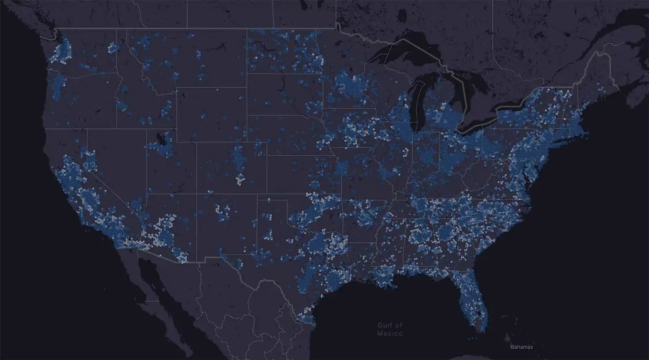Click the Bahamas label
pos(522,347)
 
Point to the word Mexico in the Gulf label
pos(390,334)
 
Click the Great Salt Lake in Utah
pos(162,140)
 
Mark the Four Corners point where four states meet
pos(197,194)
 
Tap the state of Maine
pos(600,77)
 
